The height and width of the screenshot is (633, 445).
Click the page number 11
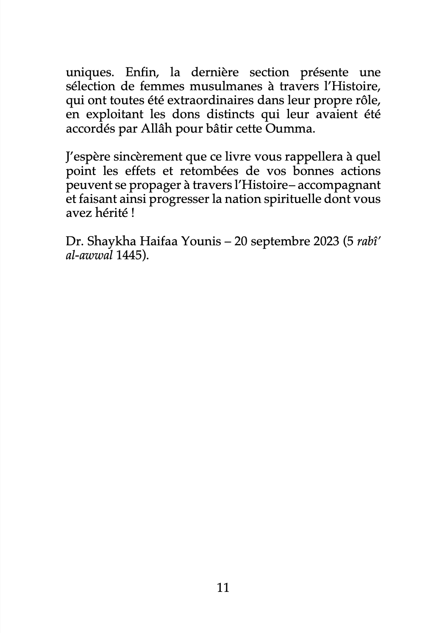pos(222,588)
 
